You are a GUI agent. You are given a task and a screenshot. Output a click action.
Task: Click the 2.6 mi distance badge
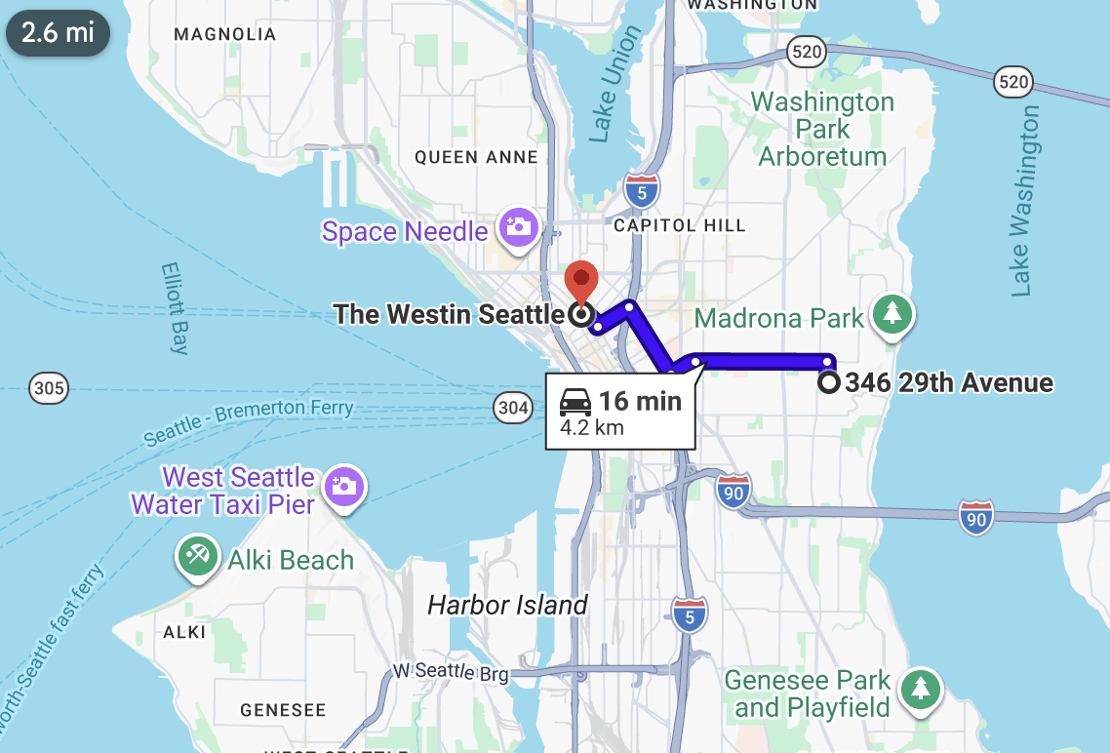click(58, 32)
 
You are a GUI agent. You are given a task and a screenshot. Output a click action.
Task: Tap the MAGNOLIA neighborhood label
click(224, 35)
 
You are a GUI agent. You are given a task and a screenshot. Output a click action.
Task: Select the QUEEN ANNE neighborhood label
click(476, 157)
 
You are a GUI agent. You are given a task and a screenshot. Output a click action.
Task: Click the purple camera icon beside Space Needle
click(517, 228)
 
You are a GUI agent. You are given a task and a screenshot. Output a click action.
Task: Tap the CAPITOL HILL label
click(679, 225)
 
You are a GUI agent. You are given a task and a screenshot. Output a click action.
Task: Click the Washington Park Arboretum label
click(822, 129)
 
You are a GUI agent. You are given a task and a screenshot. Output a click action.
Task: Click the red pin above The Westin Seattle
click(581, 280)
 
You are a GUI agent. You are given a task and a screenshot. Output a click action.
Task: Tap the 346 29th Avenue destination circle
click(828, 382)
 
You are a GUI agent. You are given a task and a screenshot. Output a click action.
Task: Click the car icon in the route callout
click(575, 401)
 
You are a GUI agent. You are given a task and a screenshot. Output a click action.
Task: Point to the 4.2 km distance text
click(592, 427)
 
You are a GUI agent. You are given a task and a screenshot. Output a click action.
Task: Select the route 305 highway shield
click(49, 389)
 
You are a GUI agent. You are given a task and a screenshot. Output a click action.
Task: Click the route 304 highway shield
click(513, 409)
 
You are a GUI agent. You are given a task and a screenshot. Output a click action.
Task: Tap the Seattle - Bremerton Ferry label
click(249, 422)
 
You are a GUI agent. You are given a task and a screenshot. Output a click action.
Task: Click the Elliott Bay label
click(174, 307)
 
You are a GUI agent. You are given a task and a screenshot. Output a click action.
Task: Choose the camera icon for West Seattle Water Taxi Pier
click(344, 485)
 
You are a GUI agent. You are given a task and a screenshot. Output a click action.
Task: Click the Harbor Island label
click(507, 605)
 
